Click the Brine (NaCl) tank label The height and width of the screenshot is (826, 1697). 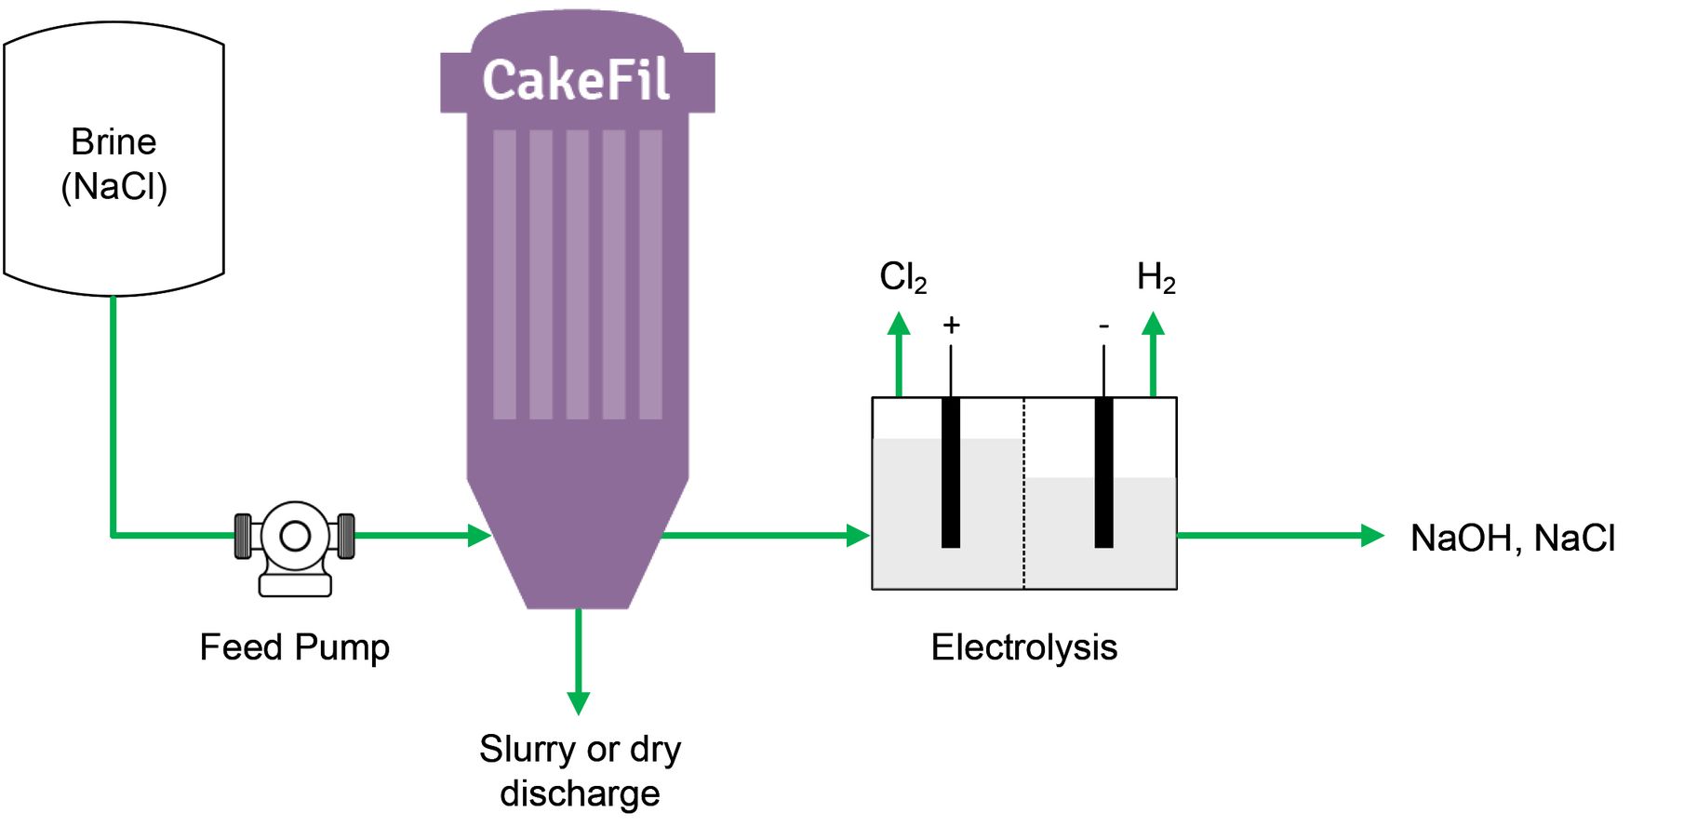(114, 164)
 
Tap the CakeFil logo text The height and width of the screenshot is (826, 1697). (576, 80)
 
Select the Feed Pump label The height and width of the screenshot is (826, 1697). (294, 646)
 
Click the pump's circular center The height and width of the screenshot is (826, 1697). (295, 536)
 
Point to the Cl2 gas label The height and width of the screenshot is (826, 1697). (902, 277)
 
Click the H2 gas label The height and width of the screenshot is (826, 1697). (1156, 277)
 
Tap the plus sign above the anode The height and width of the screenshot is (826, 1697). (951, 326)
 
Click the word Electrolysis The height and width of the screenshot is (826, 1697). (1023, 646)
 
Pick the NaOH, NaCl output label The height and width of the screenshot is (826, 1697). (1512, 538)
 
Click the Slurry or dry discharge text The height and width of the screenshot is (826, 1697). (580, 770)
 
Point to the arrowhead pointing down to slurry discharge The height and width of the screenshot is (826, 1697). (579, 702)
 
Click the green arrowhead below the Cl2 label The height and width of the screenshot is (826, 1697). (899, 324)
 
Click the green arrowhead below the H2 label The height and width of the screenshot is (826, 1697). (1153, 324)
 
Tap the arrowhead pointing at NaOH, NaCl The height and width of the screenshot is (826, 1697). (1372, 536)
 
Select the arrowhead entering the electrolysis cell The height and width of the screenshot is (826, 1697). (858, 536)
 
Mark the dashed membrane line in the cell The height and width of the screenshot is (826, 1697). (1024, 493)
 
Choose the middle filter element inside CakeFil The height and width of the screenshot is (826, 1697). (577, 274)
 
